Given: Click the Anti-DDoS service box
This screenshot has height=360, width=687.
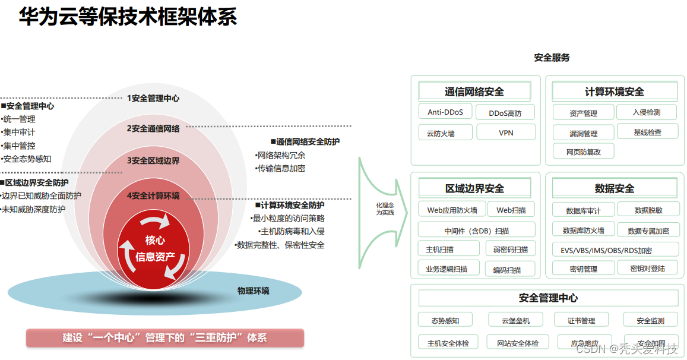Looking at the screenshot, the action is coord(445,112).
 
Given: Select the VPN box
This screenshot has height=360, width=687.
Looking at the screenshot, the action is coord(506,132).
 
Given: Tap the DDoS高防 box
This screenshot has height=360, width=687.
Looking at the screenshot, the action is coord(505,113).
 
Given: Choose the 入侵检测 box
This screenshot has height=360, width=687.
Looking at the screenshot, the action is coord(647,112).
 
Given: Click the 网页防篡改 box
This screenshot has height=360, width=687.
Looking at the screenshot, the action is coord(583,151).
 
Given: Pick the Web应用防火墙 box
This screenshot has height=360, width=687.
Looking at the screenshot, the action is coord(452,210).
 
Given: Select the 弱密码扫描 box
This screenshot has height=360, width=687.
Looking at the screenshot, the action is coord(510,249).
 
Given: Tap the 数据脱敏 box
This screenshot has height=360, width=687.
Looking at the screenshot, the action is coord(648,210).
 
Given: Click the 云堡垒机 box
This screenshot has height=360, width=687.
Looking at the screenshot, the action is coord(515,320).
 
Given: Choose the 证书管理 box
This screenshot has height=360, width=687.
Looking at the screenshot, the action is coord(581,320).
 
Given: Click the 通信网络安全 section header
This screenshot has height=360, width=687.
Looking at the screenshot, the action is coord(474,91).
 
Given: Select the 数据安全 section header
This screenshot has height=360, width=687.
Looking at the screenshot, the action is coord(615,188).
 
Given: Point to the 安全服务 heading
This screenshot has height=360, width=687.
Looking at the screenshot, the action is coord(552,58).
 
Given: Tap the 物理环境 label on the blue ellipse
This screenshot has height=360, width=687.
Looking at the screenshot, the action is coord(254,290).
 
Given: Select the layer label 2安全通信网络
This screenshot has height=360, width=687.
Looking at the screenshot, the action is coord(153,128).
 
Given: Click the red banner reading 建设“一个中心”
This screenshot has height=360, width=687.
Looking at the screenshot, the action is coord(165,338).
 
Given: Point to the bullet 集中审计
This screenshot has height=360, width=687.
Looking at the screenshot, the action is coord(19,132).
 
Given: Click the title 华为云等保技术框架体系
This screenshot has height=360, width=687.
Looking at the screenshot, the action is coord(128,17).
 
